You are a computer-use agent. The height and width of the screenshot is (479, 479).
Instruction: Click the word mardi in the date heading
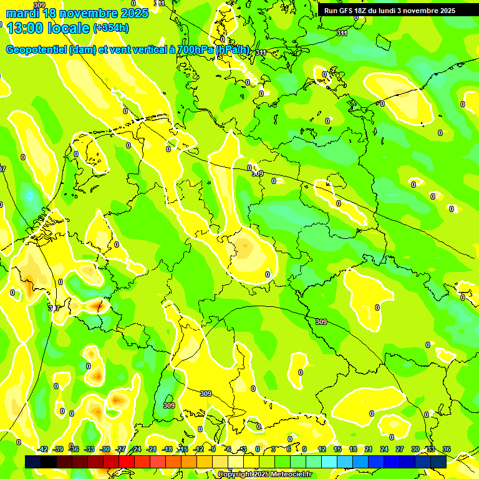(21, 13)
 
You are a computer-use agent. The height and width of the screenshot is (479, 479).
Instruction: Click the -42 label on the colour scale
(42, 449)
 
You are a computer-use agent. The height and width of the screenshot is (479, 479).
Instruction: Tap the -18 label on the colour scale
(167, 449)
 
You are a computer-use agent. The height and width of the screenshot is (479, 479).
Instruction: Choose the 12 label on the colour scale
(322, 449)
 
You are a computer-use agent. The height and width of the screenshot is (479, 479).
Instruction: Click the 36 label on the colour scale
(447, 449)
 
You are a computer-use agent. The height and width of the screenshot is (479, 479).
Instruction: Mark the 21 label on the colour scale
(369, 449)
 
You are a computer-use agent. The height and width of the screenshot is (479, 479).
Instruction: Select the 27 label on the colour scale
(400, 449)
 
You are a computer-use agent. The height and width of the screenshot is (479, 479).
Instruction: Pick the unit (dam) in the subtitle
(83, 50)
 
